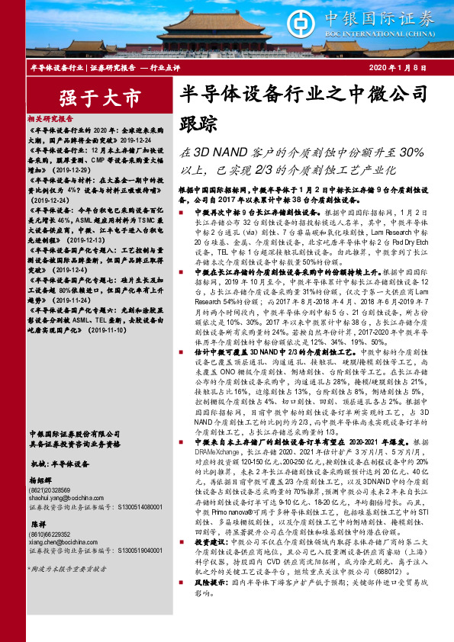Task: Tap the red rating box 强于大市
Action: (89, 98)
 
